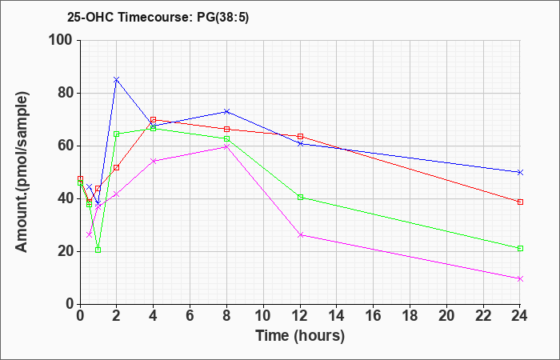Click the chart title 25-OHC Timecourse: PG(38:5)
coord(158,17)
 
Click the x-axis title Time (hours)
coord(300,335)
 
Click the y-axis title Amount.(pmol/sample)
coord(22,172)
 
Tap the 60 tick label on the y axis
coord(66,146)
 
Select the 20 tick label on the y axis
coord(66,252)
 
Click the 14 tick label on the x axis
coord(337,316)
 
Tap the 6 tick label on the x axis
coord(190,316)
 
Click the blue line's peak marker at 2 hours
coord(117,80)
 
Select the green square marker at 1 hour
coord(98,250)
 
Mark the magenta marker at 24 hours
coord(520,279)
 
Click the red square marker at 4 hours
coord(154,120)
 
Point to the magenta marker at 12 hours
coord(300,235)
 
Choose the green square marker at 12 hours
coord(300,197)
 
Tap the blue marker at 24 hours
coord(520,173)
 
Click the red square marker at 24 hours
coord(520,202)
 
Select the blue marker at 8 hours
coord(226,111)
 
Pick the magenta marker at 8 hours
coord(226,146)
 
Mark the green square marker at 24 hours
coord(520,249)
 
